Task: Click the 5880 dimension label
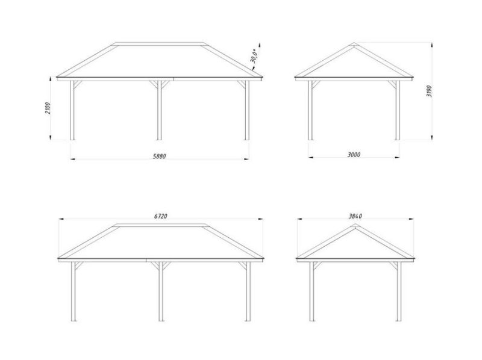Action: [x=159, y=156]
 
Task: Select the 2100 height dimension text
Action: [x=48, y=108]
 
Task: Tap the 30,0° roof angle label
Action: [x=253, y=56]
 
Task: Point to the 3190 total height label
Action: [x=429, y=91]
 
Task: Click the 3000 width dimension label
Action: [x=354, y=155]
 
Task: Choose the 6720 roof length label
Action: [x=160, y=216]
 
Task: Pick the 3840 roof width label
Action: [x=355, y=216]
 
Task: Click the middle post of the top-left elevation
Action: [x=159, y=110]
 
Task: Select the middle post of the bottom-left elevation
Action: [x=161, y=291]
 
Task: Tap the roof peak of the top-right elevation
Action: [x=354, y=43]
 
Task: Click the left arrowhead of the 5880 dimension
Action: [x=73, y=159]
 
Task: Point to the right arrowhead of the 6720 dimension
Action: [x=260, y=219]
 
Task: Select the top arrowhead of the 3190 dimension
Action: [x=432, y=45]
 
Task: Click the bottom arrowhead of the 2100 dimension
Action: [x=50, y=137]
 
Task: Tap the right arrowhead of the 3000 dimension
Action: [x=397, y=157]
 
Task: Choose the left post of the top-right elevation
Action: [x=310, y=110]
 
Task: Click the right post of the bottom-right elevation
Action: [x=399, y=291]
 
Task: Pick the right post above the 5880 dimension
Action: [x=247, y=110]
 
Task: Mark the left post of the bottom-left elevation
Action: [x=74, y=291]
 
